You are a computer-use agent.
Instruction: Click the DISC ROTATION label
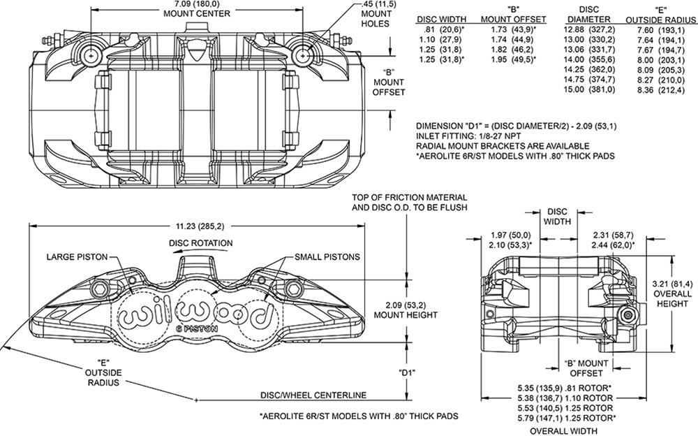200,243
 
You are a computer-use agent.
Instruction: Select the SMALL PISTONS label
327,257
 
